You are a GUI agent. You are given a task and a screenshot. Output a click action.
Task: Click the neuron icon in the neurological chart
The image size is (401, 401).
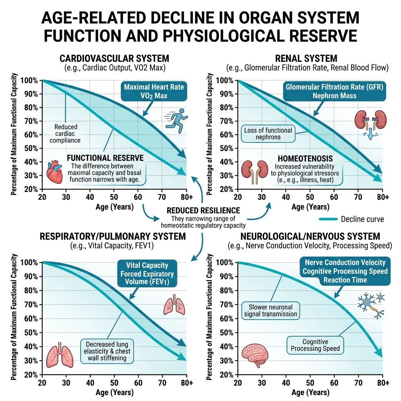coord(370,304)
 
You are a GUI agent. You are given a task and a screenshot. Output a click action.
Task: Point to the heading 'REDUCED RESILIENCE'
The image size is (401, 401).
coord(203,210)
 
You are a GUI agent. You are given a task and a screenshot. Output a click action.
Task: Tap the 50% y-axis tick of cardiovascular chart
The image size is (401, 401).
coord(31,148)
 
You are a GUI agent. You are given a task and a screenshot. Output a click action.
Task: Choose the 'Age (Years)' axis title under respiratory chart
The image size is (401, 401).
coord(114,392)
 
